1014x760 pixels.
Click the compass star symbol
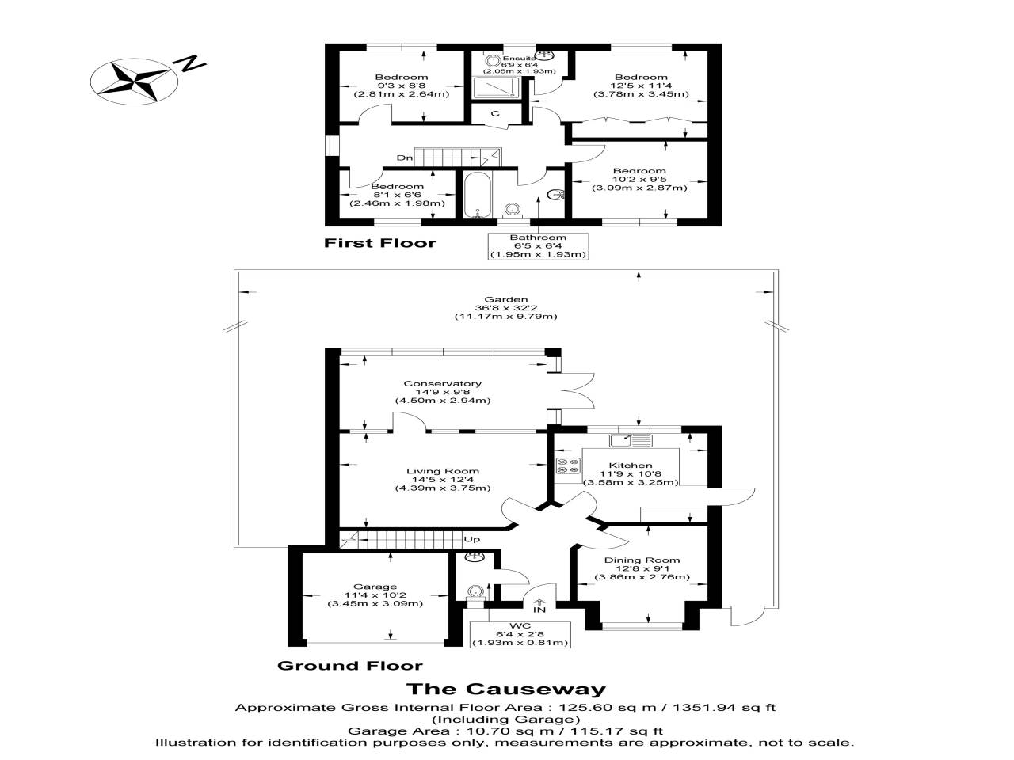[134, 82]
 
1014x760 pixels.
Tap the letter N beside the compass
[193, 63]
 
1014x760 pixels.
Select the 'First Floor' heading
[379, 243]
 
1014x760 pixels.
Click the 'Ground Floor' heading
[349, 666]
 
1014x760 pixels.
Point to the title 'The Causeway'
[506, 689]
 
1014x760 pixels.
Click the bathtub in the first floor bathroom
[476, 195]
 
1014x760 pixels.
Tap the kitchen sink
[631, 440]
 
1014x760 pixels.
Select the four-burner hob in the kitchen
[568, 465]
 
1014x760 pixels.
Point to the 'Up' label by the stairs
[471, 539]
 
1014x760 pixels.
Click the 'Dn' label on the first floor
[405, 158]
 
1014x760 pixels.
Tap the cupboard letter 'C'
[495, 113]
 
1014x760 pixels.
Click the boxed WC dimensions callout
[520, 634]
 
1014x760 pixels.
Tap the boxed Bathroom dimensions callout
[538, 246]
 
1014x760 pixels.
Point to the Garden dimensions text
[506, 308]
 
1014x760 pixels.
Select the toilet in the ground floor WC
[475, 591]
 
